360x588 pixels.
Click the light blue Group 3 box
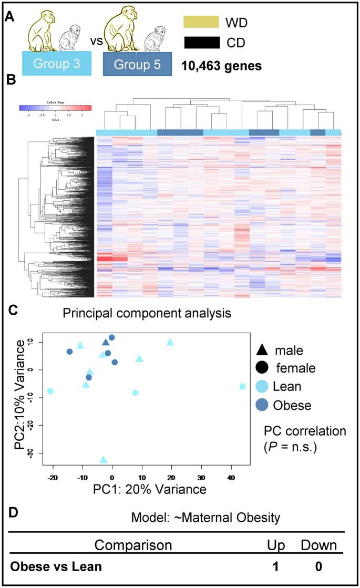pos(57,64)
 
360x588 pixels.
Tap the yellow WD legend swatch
pos(201,22)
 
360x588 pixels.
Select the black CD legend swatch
pos(201,43)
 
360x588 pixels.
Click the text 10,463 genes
pos(222,66)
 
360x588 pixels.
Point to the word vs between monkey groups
pos(95,40)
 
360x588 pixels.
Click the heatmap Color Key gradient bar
pos(55,108)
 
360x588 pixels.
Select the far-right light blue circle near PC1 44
pos(242,386)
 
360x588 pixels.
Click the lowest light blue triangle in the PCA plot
pos(104,460)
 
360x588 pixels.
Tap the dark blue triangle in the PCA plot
pos(106,343)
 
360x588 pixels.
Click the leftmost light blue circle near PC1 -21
pos(50,391)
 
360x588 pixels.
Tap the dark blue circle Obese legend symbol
pos(263,405)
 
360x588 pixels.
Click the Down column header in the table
pos(318,545)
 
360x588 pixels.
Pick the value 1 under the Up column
pos(275,566)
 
